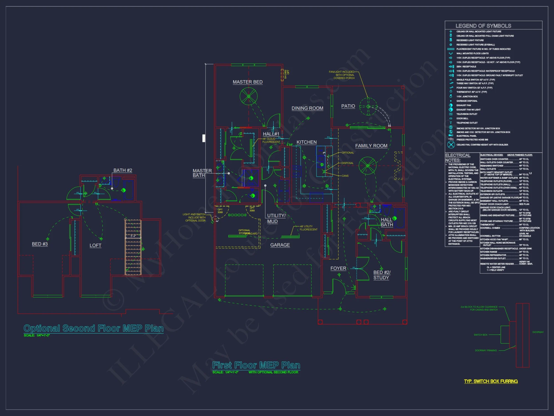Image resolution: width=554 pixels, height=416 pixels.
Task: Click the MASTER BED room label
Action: point(247,82)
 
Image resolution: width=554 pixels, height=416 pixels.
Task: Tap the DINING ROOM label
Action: point(307,108)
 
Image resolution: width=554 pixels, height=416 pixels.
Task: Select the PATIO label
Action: point(348,106)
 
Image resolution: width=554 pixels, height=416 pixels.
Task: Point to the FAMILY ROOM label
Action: point(371,146)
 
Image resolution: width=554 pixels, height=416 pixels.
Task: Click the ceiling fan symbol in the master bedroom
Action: point(248,96)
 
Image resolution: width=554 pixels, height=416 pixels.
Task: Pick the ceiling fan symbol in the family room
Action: point(368,166)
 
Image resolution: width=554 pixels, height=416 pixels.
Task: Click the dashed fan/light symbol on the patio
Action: point(368,106)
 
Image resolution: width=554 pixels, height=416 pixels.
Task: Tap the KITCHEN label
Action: point(306,142)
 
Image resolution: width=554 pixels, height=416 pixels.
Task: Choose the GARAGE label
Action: point(280,245)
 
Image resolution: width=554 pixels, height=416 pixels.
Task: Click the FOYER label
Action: point(338,268)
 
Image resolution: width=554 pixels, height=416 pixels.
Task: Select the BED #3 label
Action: point(40,244)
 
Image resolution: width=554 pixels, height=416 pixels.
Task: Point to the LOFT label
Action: point(95,245)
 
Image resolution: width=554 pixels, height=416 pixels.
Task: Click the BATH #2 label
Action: point(123,170)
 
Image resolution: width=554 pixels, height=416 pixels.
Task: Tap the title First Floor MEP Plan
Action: point(256,365)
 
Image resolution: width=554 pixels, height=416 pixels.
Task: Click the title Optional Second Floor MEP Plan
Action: point(94,328)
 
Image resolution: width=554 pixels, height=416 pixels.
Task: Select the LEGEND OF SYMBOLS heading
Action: point(483,26)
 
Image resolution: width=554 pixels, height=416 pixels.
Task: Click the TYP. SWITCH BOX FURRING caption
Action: point(491,381)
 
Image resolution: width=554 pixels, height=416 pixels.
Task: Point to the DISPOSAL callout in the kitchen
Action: point(347,163)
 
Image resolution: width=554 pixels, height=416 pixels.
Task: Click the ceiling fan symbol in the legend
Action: point(451,144)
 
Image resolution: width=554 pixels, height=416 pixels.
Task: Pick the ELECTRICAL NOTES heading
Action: point(458,158)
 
